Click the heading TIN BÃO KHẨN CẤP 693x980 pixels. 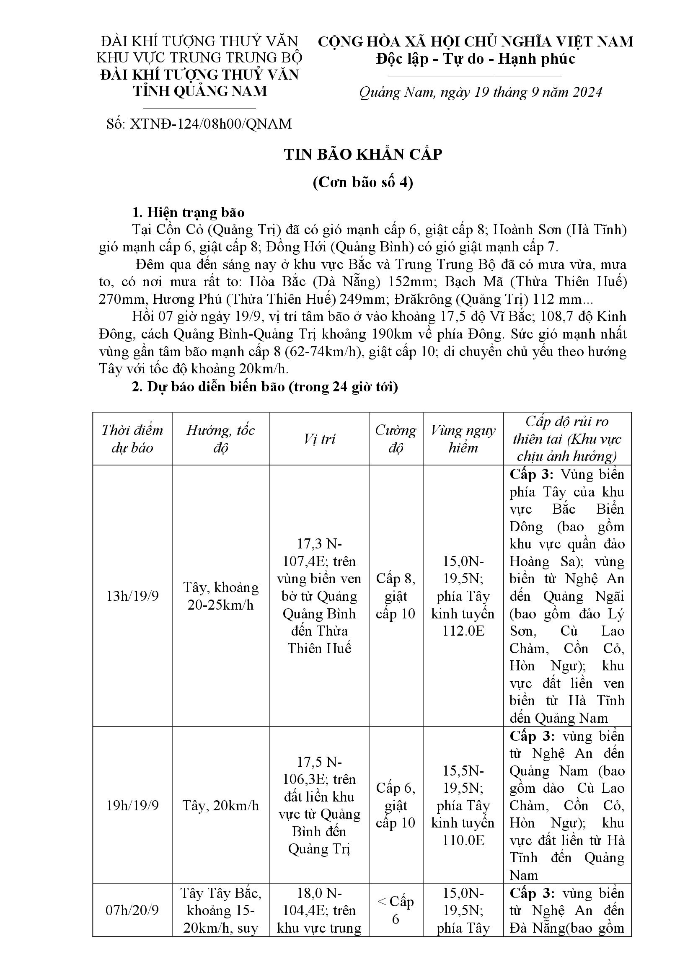coord(363,154)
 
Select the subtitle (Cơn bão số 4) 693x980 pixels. coord(363,182)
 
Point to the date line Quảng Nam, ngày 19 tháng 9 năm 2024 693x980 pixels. coord(481,92)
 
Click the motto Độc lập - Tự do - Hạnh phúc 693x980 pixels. coord(476,59)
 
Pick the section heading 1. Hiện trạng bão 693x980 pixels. coord(188,212)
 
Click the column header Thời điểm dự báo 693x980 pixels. coord(132,439)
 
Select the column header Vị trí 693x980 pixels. coord(319,439)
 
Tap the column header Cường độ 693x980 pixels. coord(396,439)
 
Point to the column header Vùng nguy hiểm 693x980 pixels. coord(463,439)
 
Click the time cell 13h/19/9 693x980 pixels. coord(132,596)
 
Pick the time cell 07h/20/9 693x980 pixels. coord(132,910)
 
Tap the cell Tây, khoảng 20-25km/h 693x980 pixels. coord(221,596)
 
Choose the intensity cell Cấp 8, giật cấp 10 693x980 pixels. coord(396,596)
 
